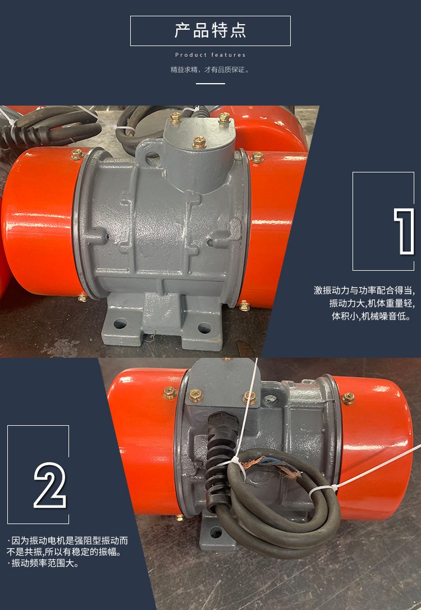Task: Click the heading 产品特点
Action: (210, 31)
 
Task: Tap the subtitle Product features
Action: (210, 55)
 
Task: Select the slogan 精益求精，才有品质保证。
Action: (210, 70)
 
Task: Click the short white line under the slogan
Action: (210, 84)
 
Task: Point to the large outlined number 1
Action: (404, 231)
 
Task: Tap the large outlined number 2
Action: (49, 485)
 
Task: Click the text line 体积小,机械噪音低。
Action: (371, 316)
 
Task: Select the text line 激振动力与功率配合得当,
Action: (364, 290)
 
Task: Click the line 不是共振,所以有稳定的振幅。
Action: (64, 552)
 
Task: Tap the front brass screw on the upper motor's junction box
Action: (199, 142)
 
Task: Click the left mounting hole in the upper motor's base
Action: (120, 324)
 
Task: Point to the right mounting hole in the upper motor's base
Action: (204, 328)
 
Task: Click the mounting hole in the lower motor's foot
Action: (216, 532)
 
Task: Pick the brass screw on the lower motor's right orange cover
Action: (348, 398)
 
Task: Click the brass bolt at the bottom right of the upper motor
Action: (245, 306)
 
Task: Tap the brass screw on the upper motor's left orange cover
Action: (77, 154)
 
